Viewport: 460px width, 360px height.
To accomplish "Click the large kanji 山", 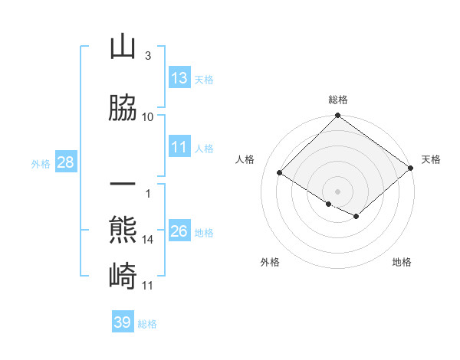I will tap(123, 48).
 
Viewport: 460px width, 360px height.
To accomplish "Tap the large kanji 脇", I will tap(123, 108).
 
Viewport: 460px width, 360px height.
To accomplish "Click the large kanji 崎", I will tap(123, 273).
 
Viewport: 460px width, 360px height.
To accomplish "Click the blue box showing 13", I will tap(179, 78).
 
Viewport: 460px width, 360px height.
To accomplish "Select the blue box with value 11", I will tap(179, 147).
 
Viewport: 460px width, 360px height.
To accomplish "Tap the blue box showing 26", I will tap(179, 231).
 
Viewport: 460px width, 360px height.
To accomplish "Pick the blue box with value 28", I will tap(65, 162).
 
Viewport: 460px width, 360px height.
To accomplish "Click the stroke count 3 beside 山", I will tap(147, 56).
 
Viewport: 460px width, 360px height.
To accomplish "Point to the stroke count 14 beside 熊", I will tap(147, 240).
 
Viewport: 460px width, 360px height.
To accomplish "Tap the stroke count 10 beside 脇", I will tap(147, 116).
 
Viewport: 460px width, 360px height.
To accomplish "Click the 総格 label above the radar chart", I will tap(337, 100).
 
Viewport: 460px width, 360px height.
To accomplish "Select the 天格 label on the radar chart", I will tap(431, 159).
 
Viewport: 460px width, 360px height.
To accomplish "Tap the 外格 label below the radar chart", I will tap(270, 262).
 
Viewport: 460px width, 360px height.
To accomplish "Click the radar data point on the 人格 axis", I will tap(281, 172).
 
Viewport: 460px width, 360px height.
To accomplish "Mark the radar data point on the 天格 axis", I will tap(411, 167).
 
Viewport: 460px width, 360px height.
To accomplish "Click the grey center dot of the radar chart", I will tap(337, 191).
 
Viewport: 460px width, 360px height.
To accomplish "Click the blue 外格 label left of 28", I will tap(40, 163).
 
